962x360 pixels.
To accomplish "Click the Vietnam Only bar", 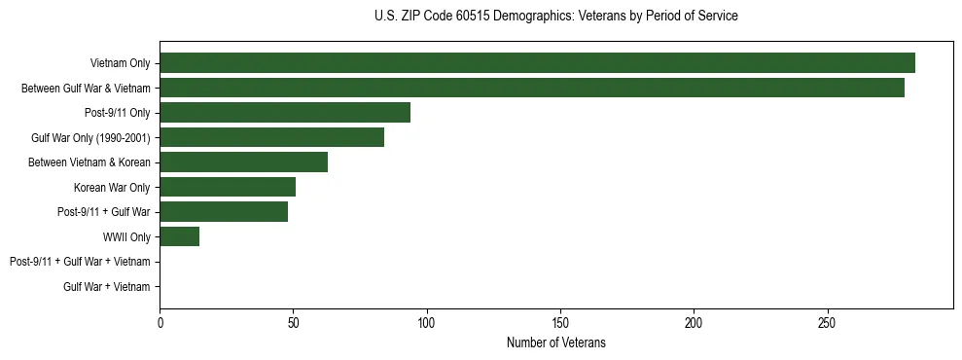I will (537, 63).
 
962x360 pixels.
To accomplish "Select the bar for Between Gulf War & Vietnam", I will (532, 88).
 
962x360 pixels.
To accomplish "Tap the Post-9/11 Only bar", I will (285, 113).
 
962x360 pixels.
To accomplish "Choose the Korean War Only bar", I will (228, 187).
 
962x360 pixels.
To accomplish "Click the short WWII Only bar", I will (179, 236).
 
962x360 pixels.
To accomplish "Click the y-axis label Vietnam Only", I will (120, 63).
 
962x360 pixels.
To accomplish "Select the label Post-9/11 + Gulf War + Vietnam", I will (80, 262).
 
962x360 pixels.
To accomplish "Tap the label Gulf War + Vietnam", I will (107, 286).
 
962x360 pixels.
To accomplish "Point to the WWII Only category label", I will (126, 236).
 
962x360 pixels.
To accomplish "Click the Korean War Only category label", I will (112, 187).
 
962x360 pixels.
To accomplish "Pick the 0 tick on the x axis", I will (160, 323).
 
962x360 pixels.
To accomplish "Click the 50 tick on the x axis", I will (293, 323).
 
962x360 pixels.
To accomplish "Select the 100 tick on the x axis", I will (426, 323).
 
